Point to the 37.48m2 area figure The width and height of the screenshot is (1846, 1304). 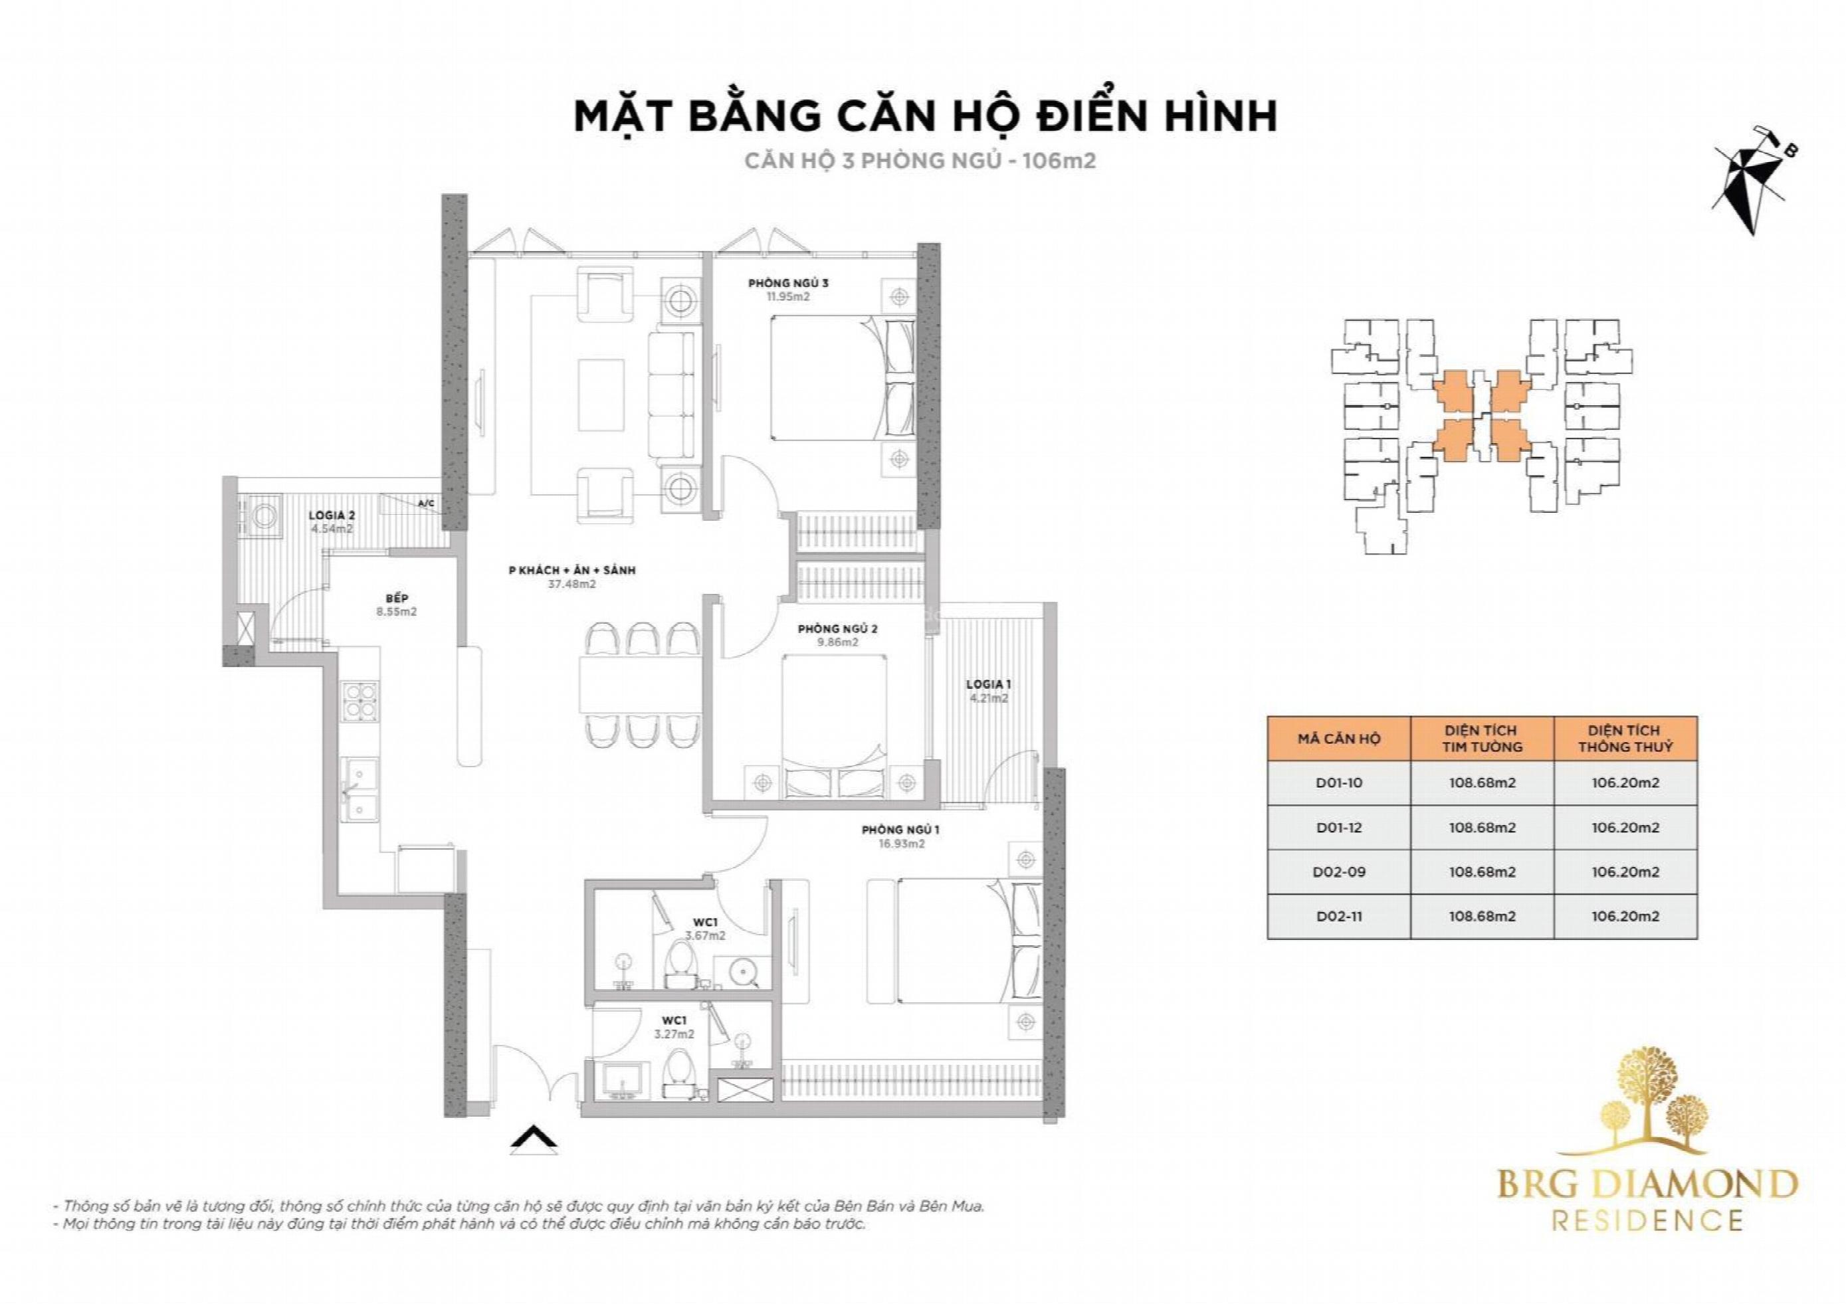click(571, 585)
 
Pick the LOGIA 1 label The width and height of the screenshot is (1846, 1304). click(988, 684)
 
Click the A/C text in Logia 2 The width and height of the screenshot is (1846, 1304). click(426, 504)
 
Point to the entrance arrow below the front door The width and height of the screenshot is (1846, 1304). click(534, 1141)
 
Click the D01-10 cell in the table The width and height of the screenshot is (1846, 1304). click(1339, 783)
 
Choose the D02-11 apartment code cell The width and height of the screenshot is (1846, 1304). click(1339, 915)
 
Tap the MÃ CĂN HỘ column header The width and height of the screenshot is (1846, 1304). click(1339, 738)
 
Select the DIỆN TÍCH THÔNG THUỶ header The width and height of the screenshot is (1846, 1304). click(1625, 738)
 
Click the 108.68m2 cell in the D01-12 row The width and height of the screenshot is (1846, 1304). click(1482, 827)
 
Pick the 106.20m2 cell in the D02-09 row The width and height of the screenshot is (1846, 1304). click(1625, 872)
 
